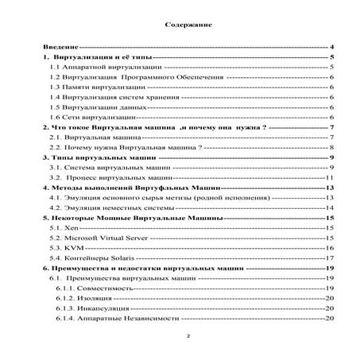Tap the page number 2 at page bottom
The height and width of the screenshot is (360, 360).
click(x=188, y=336)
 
